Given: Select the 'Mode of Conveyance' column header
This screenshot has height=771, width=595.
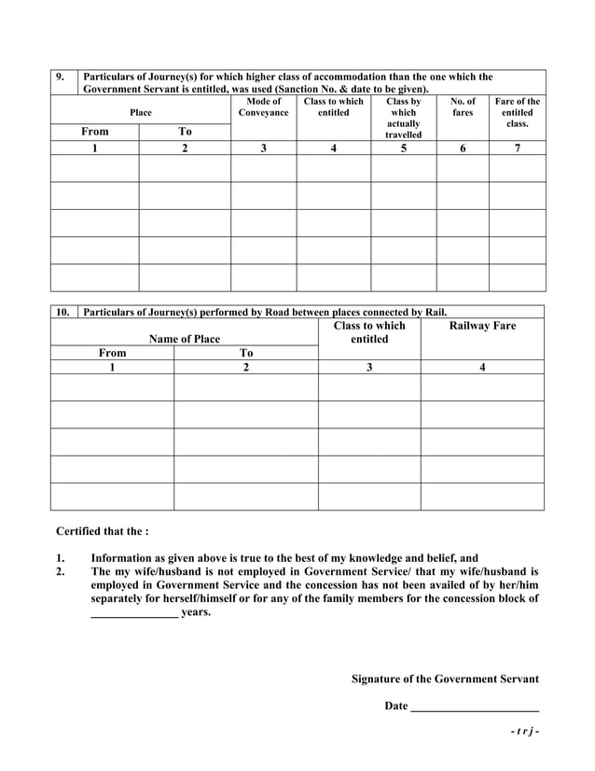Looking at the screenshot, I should (x=263, y=106).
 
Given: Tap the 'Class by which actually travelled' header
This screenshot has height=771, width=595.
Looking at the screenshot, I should (x=403, y=118).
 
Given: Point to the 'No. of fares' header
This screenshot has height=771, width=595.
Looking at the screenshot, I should (x=463, y=106).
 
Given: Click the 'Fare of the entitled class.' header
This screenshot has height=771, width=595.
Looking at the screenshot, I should (x=517, y=112).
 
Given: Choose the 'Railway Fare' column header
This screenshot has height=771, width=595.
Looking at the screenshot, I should (x=482, y=326).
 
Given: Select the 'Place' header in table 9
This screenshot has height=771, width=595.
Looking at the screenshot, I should (x=141, y=112).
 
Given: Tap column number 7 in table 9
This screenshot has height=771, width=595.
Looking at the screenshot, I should (x=517, y=147).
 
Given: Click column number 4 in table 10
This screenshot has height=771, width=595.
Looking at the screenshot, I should (x=482, y=368).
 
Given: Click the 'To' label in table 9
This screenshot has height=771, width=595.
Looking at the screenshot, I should (x=185, y=132).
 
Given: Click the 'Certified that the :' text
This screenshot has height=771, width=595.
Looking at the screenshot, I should (x=102, y=531).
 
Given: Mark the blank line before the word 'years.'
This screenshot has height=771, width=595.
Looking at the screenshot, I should (x=134, y=614).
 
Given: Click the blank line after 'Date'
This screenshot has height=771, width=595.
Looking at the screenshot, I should (x=475, y=707).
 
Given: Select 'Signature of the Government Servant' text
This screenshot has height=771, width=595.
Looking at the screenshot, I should (x=445, y=679).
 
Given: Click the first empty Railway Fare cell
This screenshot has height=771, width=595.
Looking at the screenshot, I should (x=482, y=387).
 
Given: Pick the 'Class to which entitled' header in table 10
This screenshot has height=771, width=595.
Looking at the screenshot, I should (x=369, y=332).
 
